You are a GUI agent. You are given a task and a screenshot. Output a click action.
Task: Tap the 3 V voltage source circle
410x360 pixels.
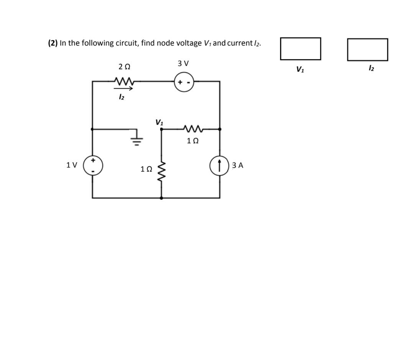(184, 81)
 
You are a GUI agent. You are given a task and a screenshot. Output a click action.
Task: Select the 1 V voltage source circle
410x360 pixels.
(93, 166)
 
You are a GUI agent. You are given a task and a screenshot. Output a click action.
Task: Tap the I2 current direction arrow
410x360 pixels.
(123, 89)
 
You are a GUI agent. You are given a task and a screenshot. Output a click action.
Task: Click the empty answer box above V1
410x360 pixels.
(300, 49)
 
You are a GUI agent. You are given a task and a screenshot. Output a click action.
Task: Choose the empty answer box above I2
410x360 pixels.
(367, 49)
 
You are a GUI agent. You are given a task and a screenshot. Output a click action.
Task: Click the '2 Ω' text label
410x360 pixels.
(125, 67)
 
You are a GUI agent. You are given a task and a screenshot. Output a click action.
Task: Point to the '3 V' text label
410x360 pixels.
(183, 63)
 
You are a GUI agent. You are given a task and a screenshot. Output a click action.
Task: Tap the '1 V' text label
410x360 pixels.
(72, 165)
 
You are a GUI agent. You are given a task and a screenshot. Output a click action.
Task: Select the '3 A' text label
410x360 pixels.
(238, 165)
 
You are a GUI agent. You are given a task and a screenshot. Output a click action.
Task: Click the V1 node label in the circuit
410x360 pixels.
(159, 122)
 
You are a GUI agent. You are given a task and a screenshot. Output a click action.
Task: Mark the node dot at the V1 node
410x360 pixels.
(161, 130)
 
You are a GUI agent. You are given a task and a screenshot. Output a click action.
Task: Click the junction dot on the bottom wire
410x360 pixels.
(161, 198)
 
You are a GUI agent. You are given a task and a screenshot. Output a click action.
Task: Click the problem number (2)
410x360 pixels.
(53, 43)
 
